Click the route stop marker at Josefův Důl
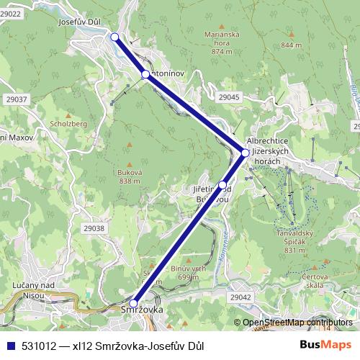click(x=115, y=37)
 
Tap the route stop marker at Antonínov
click(x=145, y=74)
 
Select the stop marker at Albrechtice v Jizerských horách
click(x=245, y=153)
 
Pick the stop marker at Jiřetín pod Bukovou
click(x=222, y=185)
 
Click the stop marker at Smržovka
click(x=134, y=303)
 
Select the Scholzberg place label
click(x=68, y=123)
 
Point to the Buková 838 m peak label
click(x=130, y=176)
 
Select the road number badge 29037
click(x=15, y=99)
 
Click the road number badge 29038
click(x=94, y=228)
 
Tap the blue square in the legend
click(x=9, y=345)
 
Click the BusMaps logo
click(x=326, y=345)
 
